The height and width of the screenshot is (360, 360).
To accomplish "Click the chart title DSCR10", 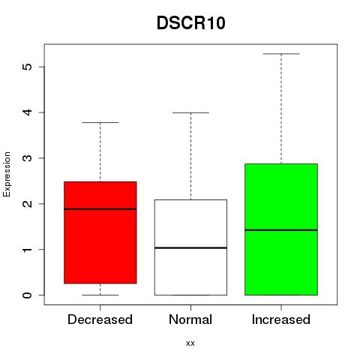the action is pyautogui.click(x=191, y=23).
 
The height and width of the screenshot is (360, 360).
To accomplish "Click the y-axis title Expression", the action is pyautogui.click(x=7, y=174).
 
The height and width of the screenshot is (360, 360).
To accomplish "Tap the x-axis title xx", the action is pyautogui.click(x=190, y=343).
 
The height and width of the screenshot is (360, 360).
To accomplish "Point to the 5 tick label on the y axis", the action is pyautogui.click(x=28, y=67).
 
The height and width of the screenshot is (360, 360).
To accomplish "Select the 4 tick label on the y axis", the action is pyautogui.click(x=28, y=112).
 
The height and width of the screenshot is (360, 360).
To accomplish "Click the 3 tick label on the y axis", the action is pyautogui.click(x=28, y=158).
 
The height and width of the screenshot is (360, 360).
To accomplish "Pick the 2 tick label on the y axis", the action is pyautogui.click(x=28, y=203).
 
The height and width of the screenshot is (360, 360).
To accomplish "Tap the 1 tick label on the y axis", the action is pyautogui.click(x=28, y=249).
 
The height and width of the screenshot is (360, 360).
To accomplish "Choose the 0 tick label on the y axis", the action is pyautogui.click(x=28, y=295).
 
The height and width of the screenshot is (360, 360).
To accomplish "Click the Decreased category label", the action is pyautogui.click(x=100, y=319).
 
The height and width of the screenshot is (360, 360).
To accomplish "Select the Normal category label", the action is pyautogui.click(x=190, y=319).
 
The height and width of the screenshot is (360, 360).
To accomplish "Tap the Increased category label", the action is pyautogui.click(x=281, y=319).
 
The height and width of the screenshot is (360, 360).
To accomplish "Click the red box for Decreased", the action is pyautogui.click(x=100, y=232).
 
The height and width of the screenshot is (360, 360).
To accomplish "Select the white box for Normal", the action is pyautogui.click(x=190, y=247).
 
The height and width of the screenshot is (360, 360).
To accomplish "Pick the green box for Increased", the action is pyautogui.click(x=281, y=229).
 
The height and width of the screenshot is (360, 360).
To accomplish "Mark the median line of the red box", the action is pyautogui.click(x=100, y=209).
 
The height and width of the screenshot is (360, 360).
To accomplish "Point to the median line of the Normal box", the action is pyautogui.click(x=190, y=247).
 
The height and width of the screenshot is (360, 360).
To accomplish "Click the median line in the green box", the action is pyautogui.click(x=281, y=230).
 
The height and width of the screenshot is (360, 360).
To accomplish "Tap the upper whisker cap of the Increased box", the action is pyautogui.click(x=281, y=54).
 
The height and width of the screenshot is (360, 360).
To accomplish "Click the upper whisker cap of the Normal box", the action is pyautogui.click(x=190, y=112).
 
